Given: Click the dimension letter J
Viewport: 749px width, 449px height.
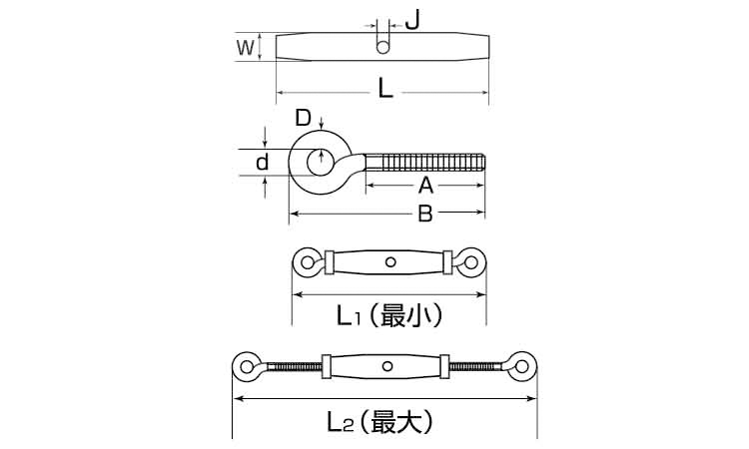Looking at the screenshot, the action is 412,20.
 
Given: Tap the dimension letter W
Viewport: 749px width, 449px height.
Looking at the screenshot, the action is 246,48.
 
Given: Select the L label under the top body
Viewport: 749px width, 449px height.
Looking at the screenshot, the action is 385,89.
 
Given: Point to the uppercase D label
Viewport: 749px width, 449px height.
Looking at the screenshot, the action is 303,118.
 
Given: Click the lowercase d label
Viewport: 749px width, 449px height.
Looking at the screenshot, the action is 263,163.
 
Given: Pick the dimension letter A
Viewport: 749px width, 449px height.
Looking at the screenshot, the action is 425,186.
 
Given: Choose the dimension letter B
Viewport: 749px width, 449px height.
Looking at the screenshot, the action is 425,214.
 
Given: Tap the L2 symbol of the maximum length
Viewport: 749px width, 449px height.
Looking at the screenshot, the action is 341,422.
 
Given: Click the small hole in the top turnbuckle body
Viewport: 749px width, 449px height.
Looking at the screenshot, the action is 382,47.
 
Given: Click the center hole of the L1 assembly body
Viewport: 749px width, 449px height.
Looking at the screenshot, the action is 390,262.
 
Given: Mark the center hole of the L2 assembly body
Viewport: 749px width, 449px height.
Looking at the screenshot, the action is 387,366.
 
